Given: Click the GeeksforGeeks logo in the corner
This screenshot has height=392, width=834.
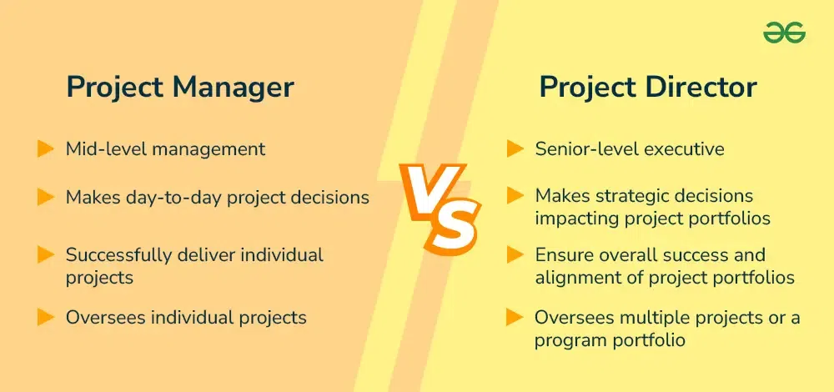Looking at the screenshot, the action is coord(784,33).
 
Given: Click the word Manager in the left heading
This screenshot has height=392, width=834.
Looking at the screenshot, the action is coord(233,88).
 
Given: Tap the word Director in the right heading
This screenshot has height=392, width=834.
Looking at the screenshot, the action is coord(701,88).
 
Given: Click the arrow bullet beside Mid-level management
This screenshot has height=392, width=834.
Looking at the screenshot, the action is coord(46,149).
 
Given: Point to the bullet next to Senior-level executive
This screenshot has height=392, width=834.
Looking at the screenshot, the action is coord(515,149).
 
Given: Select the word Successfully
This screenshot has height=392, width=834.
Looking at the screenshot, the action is coord(119,255).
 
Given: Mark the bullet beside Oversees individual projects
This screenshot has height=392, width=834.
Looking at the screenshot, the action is coord(46,318).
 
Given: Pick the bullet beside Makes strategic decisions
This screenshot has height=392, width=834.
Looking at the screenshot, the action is coord(515,196).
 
